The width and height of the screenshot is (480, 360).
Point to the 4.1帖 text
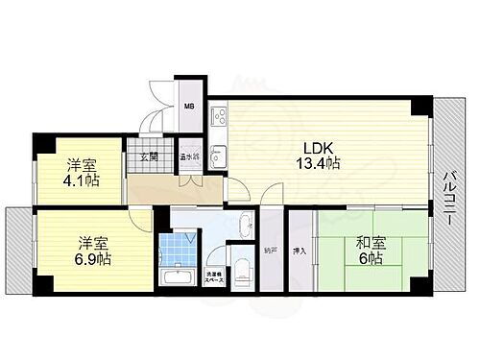click(x=81, y=180)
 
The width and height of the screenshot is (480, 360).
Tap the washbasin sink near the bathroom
click(x=243, y=227)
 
